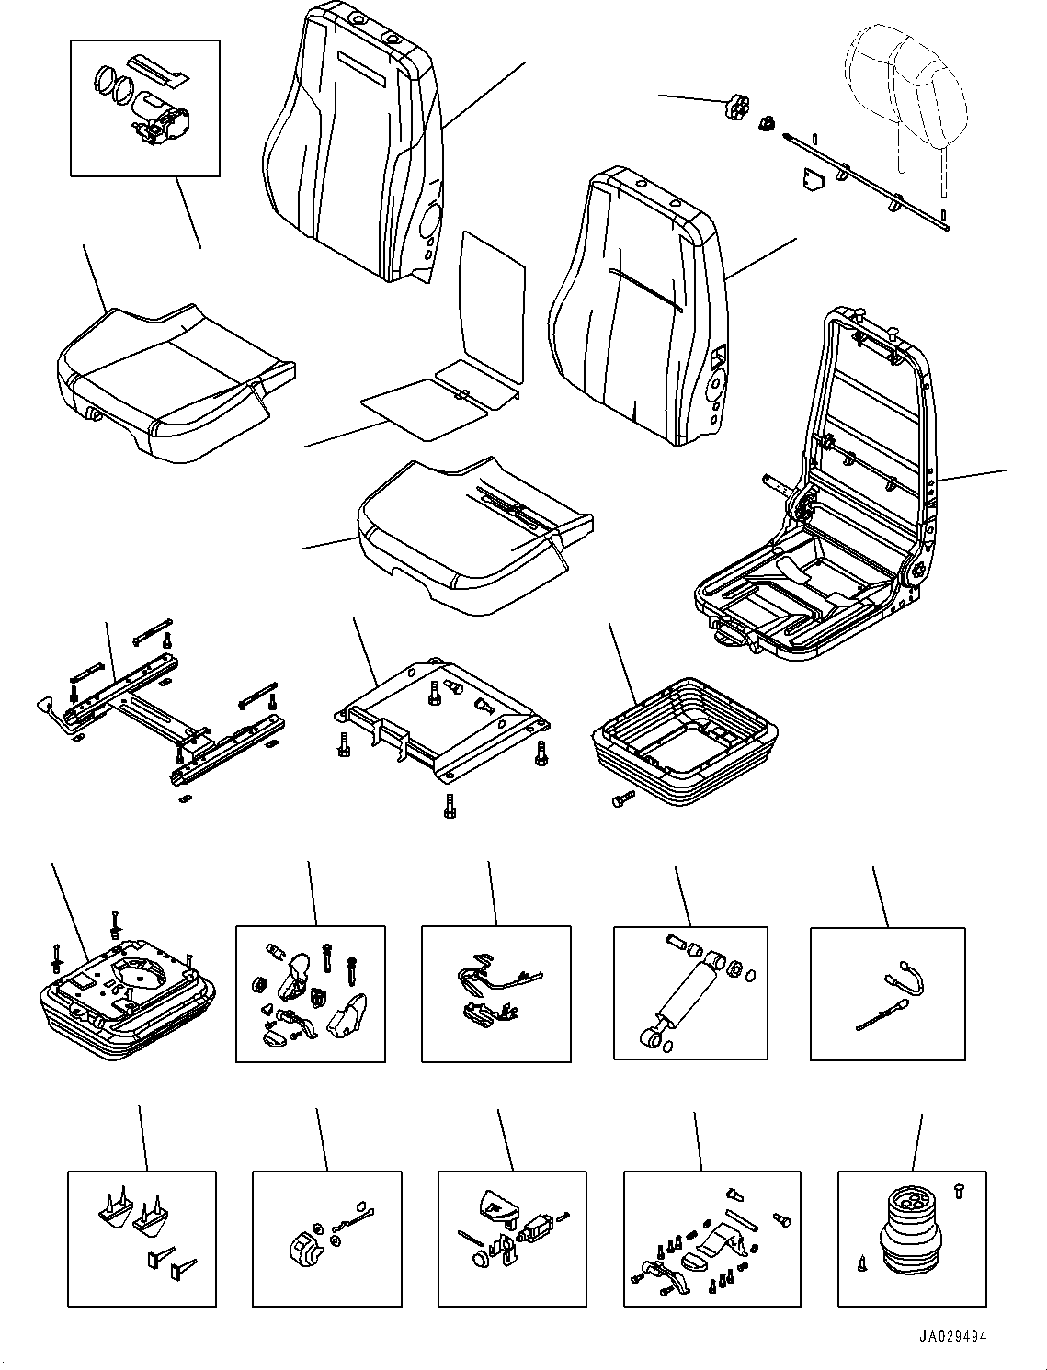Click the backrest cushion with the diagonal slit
[x=634, y=303]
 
